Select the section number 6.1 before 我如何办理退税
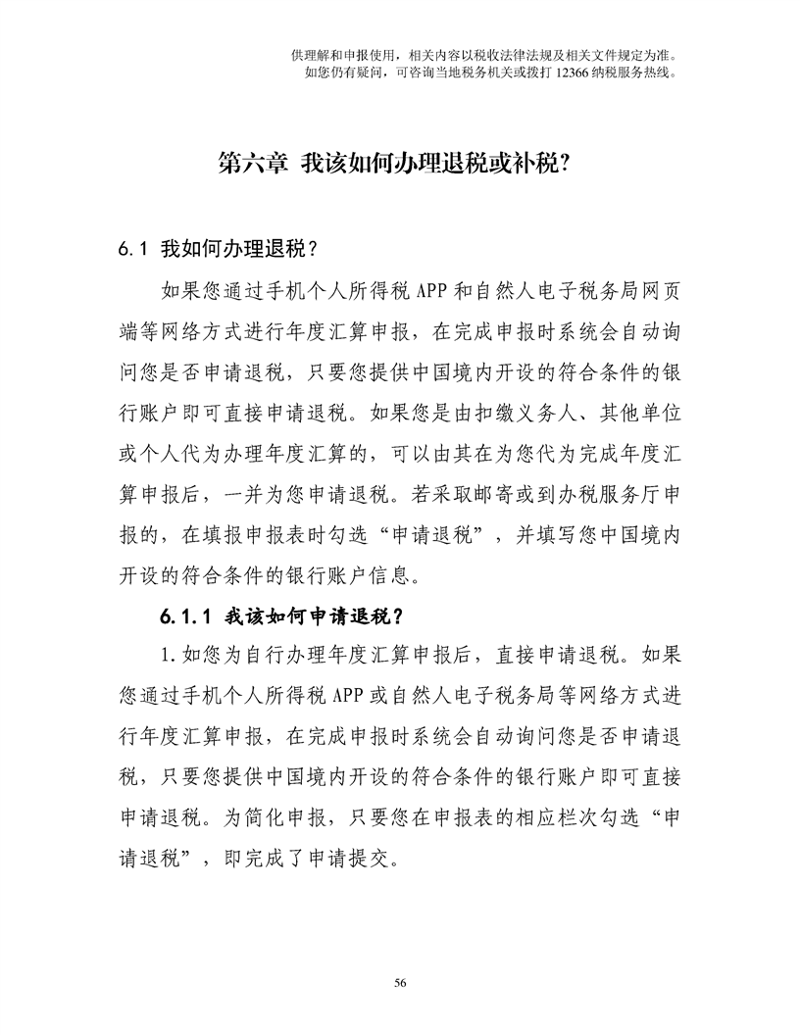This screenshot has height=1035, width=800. click(132, 248)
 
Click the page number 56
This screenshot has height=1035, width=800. click(399, 982)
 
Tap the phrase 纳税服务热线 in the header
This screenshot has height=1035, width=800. click(633, 72)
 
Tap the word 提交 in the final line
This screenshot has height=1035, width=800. click(362, 858)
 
